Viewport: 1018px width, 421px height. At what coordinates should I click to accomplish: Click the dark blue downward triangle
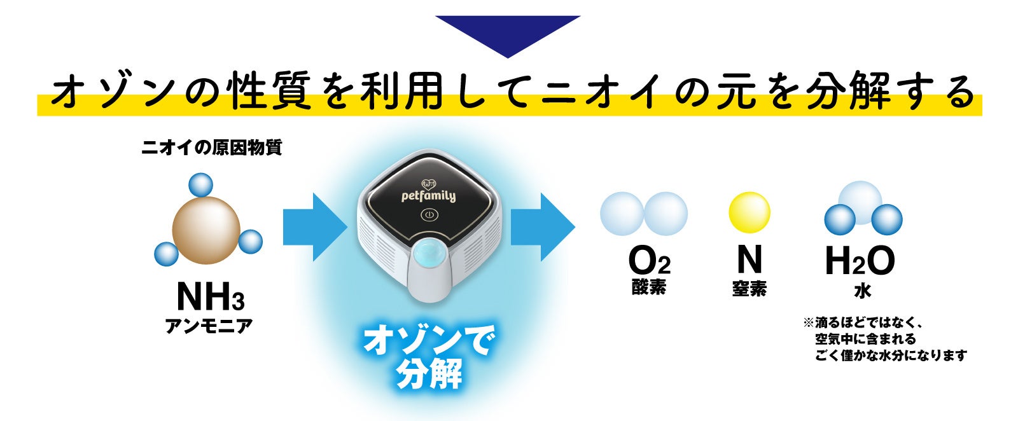tap(508, 32)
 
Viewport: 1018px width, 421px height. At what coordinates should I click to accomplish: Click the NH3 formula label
tap(210, 296)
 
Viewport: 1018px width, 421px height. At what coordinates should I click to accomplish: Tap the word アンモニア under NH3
tap(209, 326)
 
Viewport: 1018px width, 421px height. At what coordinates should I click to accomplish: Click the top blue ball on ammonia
tap(201, 185)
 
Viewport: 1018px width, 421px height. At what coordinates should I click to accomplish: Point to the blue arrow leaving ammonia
tap(314, 226)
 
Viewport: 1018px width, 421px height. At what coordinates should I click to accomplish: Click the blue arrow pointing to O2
tap(542, 226)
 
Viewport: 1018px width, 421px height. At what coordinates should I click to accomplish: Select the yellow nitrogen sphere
tap(749, 213)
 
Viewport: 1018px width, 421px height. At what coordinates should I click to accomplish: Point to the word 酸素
tap(649, 287)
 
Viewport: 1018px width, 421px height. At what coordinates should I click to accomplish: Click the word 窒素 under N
tap(749, 289)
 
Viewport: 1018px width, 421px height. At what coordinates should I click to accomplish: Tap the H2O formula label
tap(860, 261)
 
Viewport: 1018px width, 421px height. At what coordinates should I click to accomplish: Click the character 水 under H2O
tap(862, 291)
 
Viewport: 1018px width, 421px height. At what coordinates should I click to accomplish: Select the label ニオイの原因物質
tap(211, 148)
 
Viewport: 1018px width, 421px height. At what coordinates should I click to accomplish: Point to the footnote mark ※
tap(809, 324)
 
